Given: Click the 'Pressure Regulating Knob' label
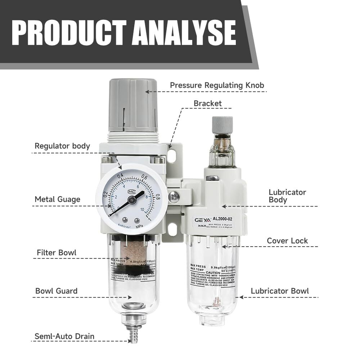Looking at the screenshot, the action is (x=217, y=86).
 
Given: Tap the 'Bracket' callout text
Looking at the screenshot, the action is (x=207, y=104).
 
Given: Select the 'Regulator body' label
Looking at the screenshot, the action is (x=62, y=146).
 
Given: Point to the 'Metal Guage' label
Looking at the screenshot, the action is (x=58, y=199).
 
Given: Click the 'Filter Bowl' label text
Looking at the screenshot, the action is (x=57, y=252).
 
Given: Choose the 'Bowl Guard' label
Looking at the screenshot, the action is (x=56, y=291).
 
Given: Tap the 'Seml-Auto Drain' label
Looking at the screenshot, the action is (x=64, y=337).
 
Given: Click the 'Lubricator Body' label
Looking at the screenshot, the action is (x=287, y=196).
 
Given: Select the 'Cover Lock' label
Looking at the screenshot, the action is (x=287, y=240).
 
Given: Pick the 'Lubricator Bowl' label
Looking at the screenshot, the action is (x=280, y=291).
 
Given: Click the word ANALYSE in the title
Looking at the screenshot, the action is (x=184, y=33).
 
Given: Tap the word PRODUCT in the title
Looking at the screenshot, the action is (x=68, y=33).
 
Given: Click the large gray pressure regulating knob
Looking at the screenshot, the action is (x=133, y=104).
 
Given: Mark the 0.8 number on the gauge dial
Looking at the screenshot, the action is (x=157, y=197).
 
